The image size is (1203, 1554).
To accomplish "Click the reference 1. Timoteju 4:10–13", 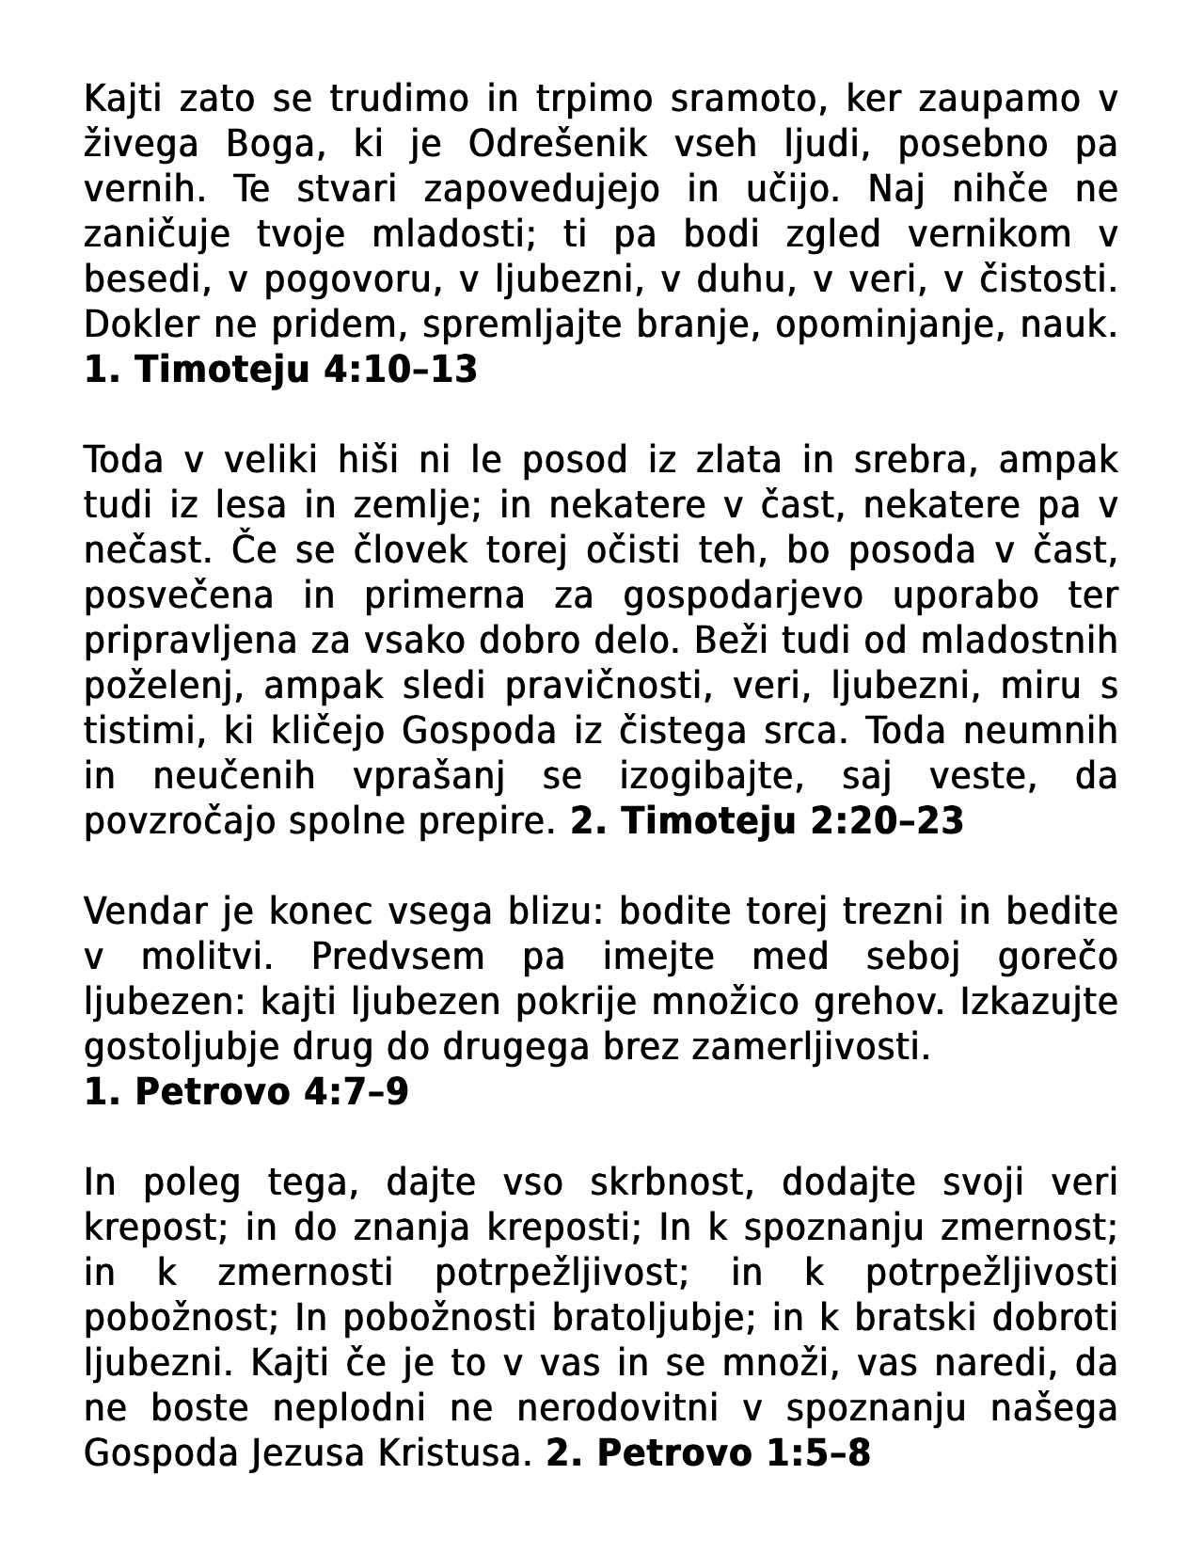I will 280,370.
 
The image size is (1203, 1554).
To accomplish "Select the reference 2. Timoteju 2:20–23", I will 767,821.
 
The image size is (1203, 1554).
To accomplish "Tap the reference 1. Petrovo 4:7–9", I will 246,1092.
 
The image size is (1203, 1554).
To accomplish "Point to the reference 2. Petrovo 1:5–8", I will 708,1453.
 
